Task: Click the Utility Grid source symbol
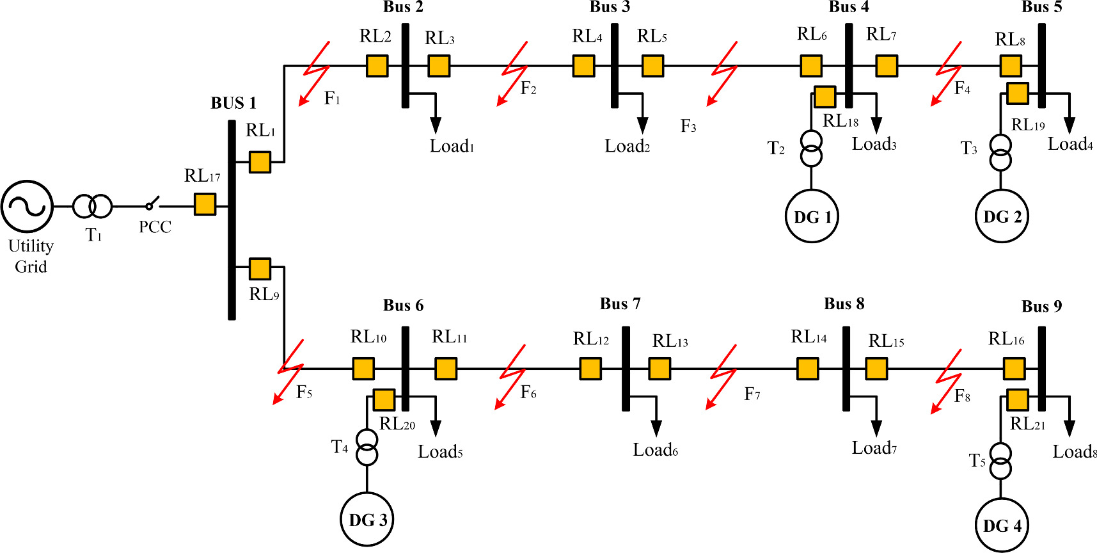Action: pyautogui.click(x=27, y=206)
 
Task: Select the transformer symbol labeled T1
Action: pyautogui.click(x=92, y=207)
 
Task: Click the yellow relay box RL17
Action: pyautogui.click(x=205, y=204)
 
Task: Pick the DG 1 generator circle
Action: pyautogui.click(x=812, y=216)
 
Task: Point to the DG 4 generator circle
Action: pyautogui.click(x=1002, y=525)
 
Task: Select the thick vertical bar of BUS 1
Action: pyautogui.click(x=232, y=220)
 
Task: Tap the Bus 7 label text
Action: pyautogui.click(x=620, y=303)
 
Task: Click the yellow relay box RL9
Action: pyautogui.click(x=260, y=269)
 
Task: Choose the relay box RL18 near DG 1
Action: pyautogui.click(x=825, y=97)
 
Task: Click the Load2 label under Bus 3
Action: pyautogui.click(x=627, y=147)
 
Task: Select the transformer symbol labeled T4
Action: pyautogui.click(x=367, y=447)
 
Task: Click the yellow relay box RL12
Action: pyautogui.click(x=590, y=369)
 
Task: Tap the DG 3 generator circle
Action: pyautogui.click(x=367, y=519)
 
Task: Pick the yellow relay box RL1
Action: pyautogui.click(x=260, y=162)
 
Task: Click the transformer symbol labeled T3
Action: pyautogui.click(x=1001, y=152)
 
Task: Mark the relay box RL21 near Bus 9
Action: pyautogui.click(x=1017, y=399)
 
